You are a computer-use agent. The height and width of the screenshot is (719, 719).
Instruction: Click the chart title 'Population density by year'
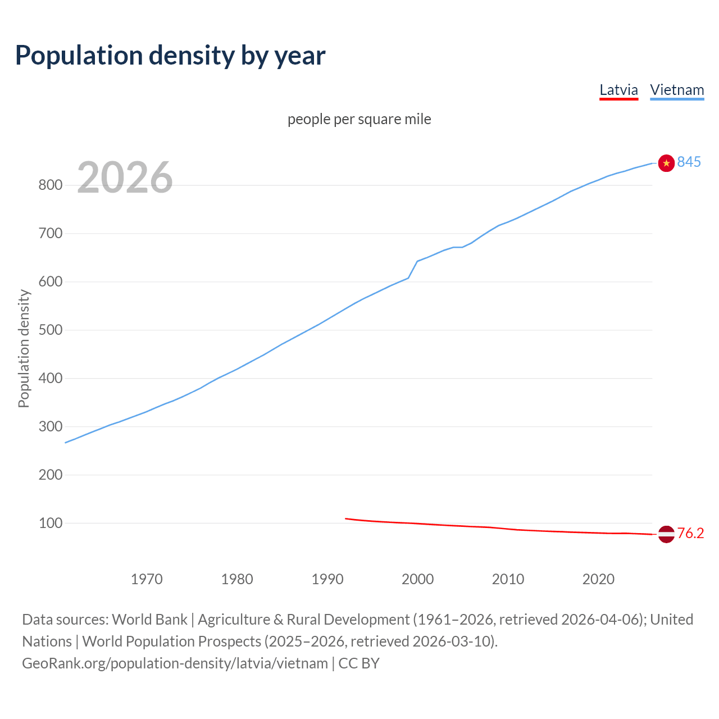[x=170, y=56]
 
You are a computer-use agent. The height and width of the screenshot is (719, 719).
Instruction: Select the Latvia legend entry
[x=618, y=90]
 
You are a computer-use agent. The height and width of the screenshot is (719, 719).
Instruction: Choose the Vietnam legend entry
[x=677, y=90]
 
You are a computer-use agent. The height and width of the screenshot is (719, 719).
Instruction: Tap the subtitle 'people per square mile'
[x=359, y=120]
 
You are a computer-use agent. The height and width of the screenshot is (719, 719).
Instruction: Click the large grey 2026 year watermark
[x=125, y=178]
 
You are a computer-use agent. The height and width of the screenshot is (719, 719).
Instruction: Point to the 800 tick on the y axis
[x=50, y=185]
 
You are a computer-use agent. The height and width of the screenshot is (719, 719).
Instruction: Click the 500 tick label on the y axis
[x=50, y=330]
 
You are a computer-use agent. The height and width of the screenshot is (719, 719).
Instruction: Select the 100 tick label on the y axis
[x=50, y=523]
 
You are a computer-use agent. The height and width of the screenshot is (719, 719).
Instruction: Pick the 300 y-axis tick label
[x=50, y=426]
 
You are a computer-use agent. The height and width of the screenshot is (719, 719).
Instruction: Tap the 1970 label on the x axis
[x=147, y=579]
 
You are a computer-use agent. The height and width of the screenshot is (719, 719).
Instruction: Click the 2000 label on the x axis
[x=417, y=579]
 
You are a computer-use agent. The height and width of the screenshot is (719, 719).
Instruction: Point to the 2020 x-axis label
[x=598, y=579]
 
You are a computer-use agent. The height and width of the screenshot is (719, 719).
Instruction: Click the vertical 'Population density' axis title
[x=24, y=348]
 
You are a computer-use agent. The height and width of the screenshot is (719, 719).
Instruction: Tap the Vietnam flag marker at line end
[x=666, y=163]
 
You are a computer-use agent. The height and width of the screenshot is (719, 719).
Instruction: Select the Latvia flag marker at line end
[x=666, y=534]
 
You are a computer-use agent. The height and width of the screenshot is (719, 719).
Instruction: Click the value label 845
[x=689, y=162]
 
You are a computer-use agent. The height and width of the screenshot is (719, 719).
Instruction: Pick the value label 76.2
[x=690, y=534]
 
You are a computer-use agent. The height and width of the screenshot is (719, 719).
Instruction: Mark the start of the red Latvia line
[x=346, y=518]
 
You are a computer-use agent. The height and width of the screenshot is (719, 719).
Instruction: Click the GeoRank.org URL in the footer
[x=175, y=663]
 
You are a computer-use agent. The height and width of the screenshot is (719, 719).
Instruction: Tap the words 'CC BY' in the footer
[x=359, y=663]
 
